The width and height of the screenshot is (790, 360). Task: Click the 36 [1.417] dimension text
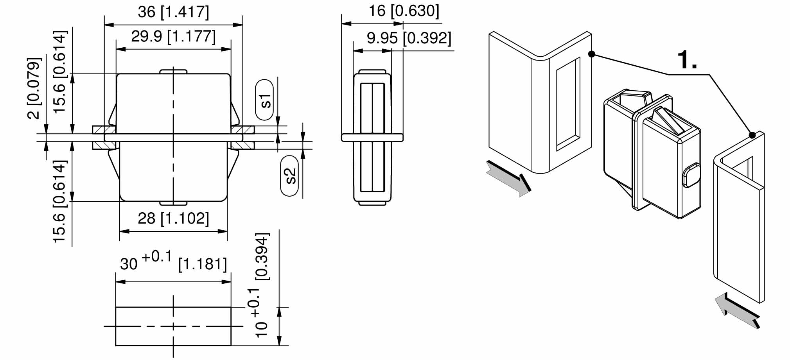173,12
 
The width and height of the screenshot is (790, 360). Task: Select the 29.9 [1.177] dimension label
173,37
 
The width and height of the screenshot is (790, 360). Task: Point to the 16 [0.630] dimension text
404,11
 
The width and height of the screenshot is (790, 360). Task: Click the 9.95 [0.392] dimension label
409,38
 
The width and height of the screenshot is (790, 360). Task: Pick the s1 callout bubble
265,100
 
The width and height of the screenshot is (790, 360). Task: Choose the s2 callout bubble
289,176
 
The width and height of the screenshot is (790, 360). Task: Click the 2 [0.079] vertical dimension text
34,88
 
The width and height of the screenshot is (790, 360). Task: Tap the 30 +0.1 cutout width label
146,261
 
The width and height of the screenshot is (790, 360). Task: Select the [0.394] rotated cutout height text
262,256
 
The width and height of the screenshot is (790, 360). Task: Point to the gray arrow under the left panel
508,179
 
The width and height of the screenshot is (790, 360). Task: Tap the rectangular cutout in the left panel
568,104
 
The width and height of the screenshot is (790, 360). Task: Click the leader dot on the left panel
592,54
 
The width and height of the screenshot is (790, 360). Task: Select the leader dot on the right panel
752,135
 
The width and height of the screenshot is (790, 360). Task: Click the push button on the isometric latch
691,176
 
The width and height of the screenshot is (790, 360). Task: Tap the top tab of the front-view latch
173,72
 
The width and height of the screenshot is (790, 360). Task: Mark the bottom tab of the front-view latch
173,203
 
